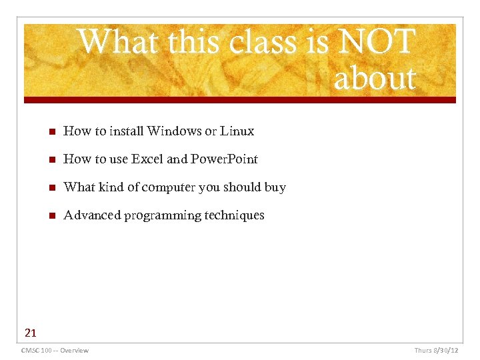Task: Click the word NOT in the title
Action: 377,41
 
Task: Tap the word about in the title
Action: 375,78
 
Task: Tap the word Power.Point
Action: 224,159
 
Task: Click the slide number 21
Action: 31,333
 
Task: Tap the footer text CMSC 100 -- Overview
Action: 55,350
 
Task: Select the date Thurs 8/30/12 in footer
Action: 436,350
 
